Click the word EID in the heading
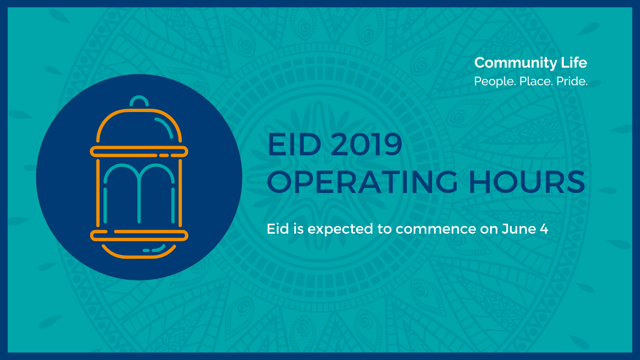294,144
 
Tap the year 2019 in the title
366,144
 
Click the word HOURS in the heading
527,182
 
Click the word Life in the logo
574,62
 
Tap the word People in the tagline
495,81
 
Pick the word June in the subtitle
519,229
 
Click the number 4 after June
544,229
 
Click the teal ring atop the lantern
139,97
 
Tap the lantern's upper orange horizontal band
139,151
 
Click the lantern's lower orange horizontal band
139,235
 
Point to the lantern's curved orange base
139,256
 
